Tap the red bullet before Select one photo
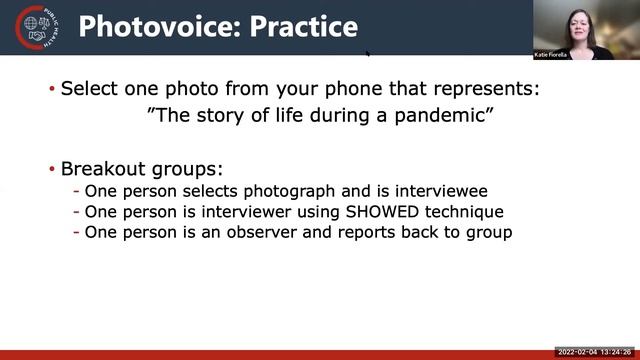(52, 89)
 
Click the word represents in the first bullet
(490, 88)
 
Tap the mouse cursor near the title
(368, 53)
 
